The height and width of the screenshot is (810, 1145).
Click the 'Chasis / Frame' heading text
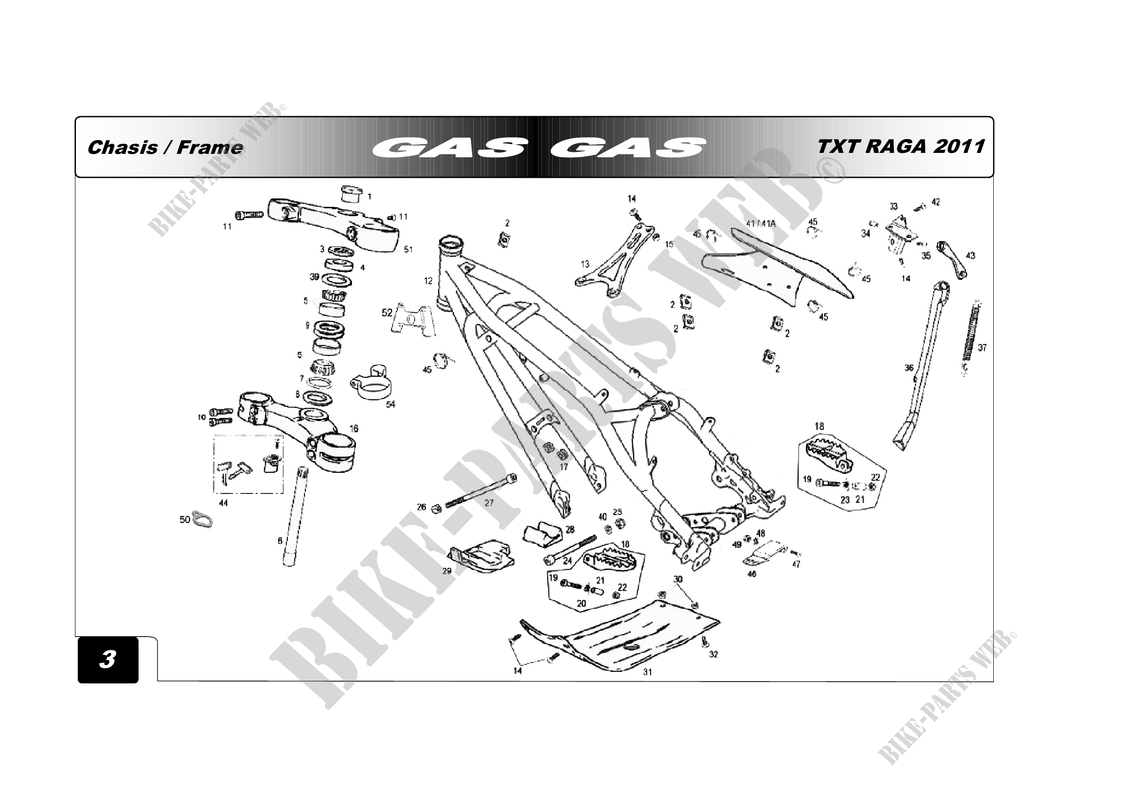[x=165, y=147]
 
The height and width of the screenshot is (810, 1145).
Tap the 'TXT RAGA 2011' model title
[x=901, y=146]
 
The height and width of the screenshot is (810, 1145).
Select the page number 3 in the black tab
[x=108, y=659]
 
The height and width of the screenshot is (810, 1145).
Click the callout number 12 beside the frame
[x=428, y=281]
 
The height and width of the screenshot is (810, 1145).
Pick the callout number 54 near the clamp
[x=391, y=404]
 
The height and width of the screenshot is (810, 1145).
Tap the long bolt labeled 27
[x=479, y=491]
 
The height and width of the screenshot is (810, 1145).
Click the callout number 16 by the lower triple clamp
[x=353, y=428]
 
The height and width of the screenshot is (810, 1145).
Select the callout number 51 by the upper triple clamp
[x=408, y=249]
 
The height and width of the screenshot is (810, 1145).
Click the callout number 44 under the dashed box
[x=223, y=503]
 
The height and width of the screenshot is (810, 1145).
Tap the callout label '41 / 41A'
[x=761, y=223]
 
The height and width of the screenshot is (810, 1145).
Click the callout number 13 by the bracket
[x=584, y=264]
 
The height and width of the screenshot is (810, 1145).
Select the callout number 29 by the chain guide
[x=447, y=570]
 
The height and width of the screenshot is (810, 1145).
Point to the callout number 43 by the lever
[x=970, y=255]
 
